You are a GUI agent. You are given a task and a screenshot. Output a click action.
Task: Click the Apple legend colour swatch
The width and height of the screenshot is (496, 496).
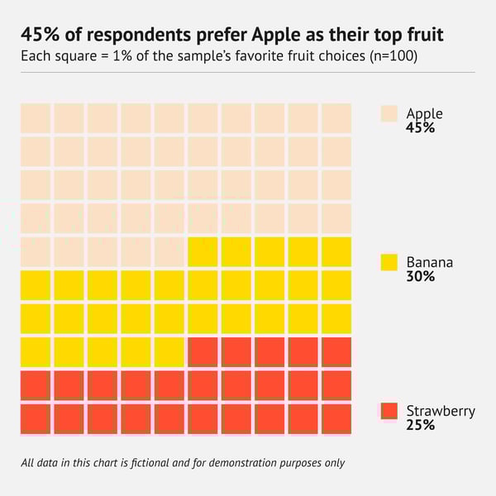coord(389,113)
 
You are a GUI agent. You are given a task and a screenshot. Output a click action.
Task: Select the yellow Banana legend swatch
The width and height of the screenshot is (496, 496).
coord(389,263)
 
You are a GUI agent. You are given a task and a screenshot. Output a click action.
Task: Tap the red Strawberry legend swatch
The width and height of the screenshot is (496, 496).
coord(389,411)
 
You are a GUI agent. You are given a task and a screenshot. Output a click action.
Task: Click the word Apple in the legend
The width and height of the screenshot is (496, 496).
coord(424,114)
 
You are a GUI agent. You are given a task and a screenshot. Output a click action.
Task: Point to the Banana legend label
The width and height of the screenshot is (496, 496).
coord(429,263)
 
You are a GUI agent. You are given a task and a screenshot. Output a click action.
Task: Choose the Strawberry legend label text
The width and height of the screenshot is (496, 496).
coord(441,411)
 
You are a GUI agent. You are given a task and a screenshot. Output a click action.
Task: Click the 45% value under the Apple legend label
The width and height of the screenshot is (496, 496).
coord(420,128)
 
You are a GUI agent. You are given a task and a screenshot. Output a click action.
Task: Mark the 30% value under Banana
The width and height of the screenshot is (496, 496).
coord(420,277)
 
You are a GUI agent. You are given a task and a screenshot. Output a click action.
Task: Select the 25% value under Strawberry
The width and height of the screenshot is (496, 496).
coord(420,425)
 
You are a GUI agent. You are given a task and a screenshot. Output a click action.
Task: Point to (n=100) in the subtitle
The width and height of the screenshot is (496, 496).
coord(393,57)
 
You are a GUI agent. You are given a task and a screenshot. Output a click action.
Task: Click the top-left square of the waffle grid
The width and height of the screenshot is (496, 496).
coord(36,118)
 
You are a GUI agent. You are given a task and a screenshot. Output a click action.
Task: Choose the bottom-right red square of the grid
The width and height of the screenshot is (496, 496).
coord(336,419)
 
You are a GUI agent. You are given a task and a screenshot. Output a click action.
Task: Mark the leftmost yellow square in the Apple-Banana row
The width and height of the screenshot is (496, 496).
coord(203,251)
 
